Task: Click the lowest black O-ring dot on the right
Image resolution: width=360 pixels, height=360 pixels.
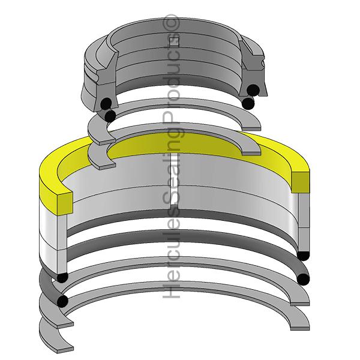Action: click(303, 279)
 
